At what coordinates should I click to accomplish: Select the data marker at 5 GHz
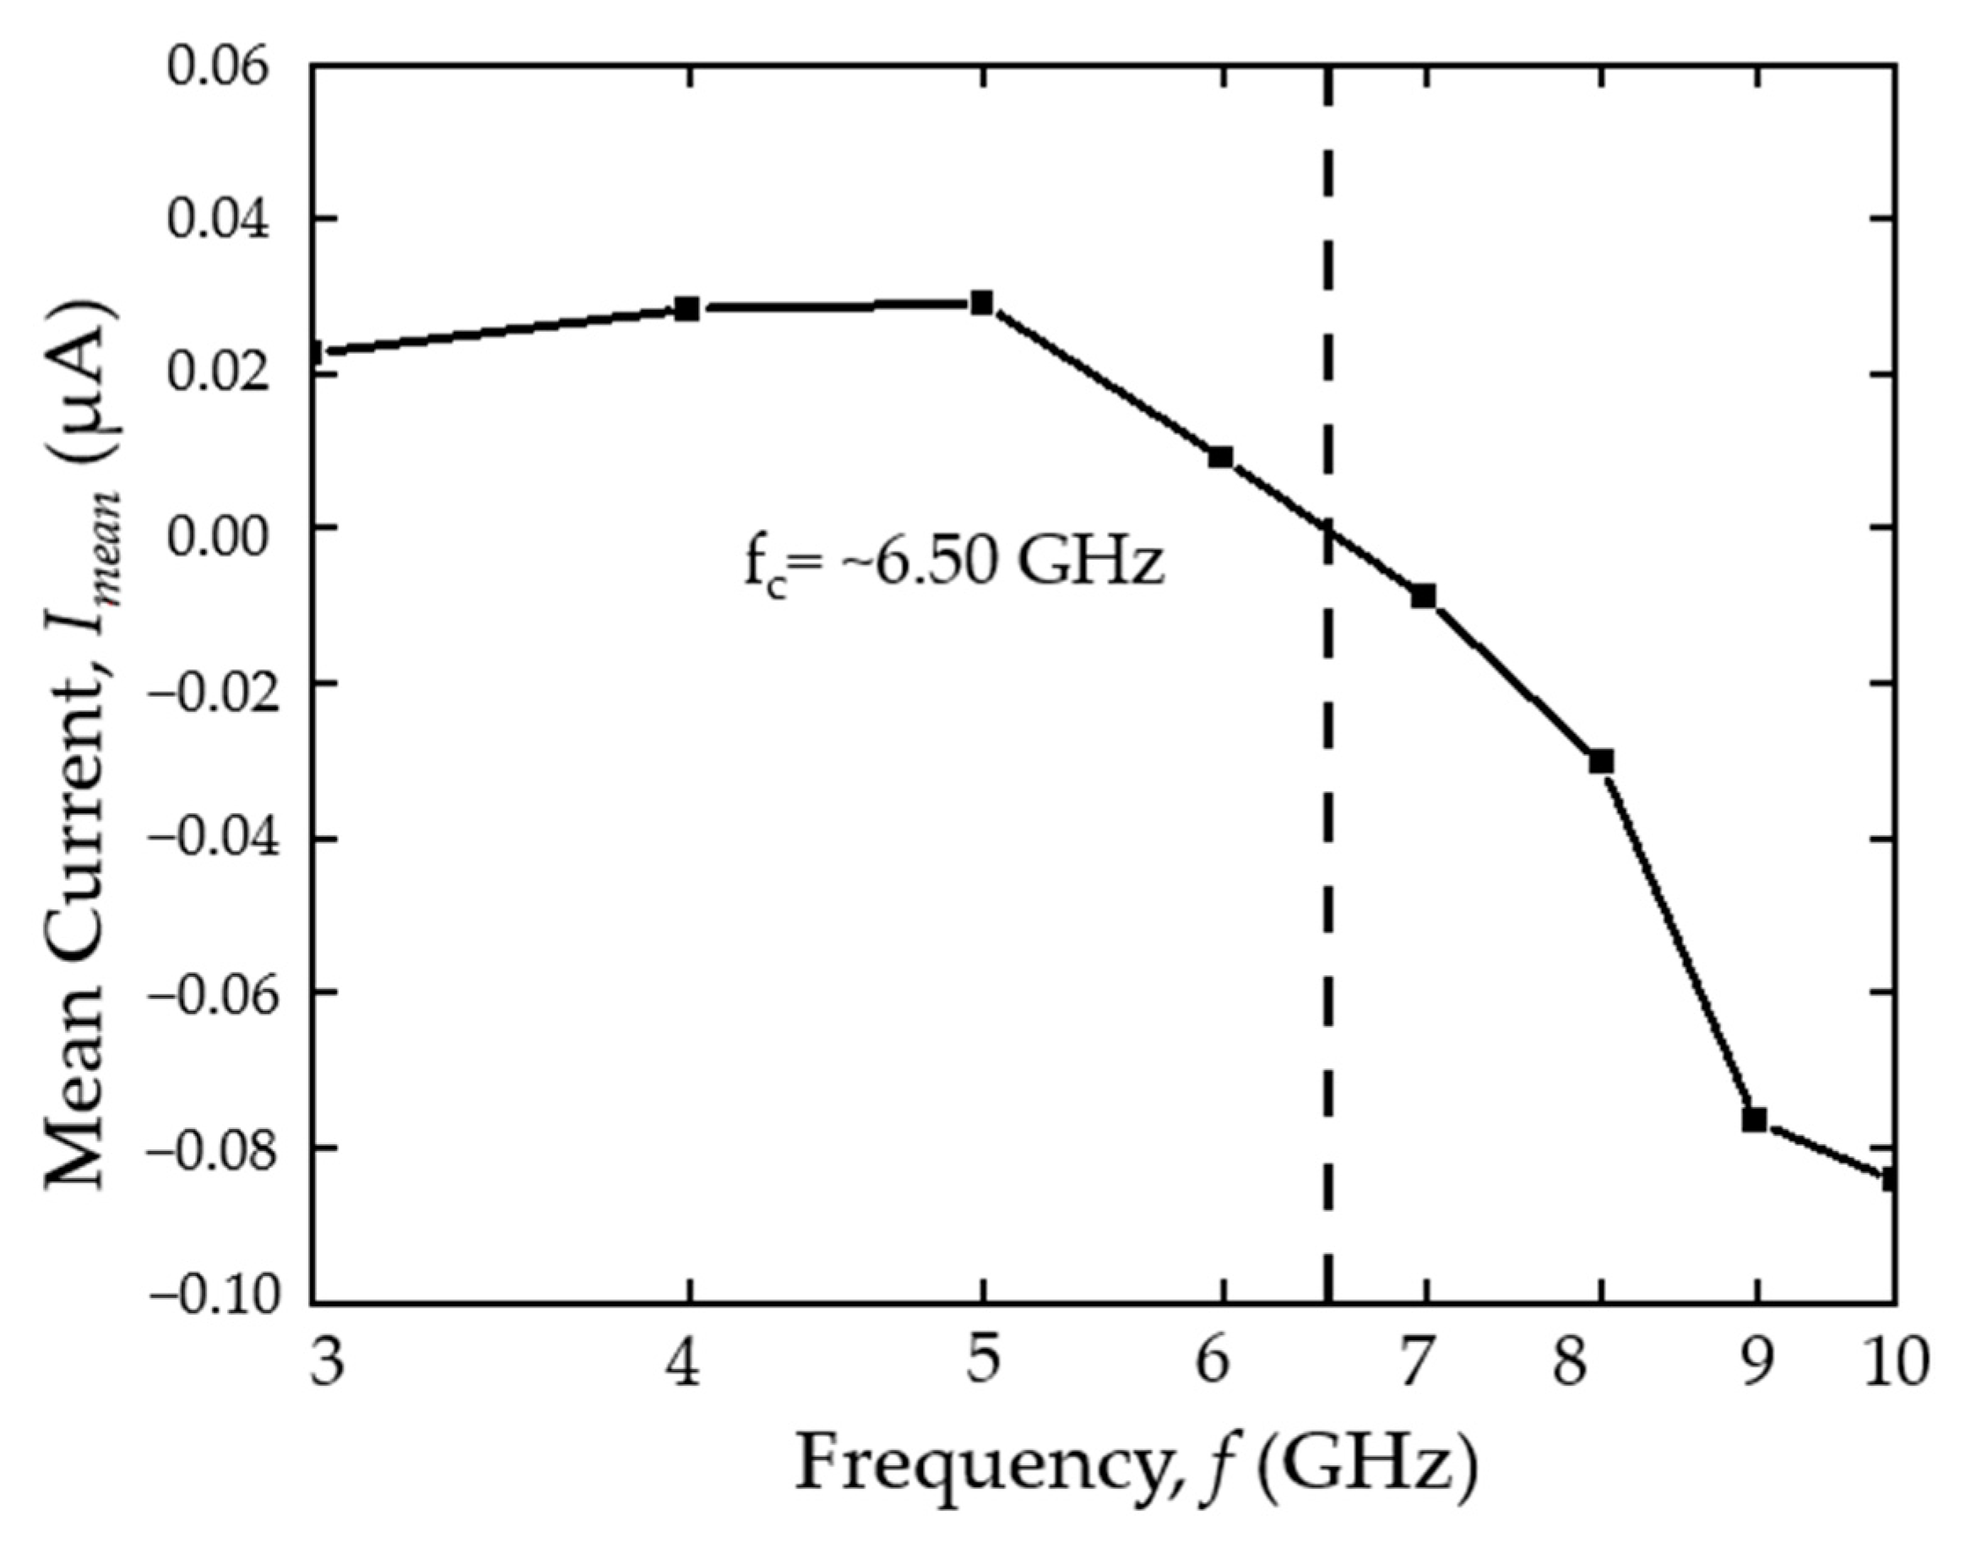pyautogui.click(x=982, y=303)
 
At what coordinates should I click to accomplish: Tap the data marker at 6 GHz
pyautogui.click(x=1220, y=458)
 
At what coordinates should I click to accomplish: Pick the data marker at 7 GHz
pyautogui.click(x=1424, y=596)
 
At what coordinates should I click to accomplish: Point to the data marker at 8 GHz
pyautogui.click(x=1601, y=762)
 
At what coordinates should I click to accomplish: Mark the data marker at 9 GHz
pyautogui.click(x=1754, y=1121)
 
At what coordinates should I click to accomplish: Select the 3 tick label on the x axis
pyautogui.click(x=327, y=1361)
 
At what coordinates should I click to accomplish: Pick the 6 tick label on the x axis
pyautogui.click(x=1214, y=1361)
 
